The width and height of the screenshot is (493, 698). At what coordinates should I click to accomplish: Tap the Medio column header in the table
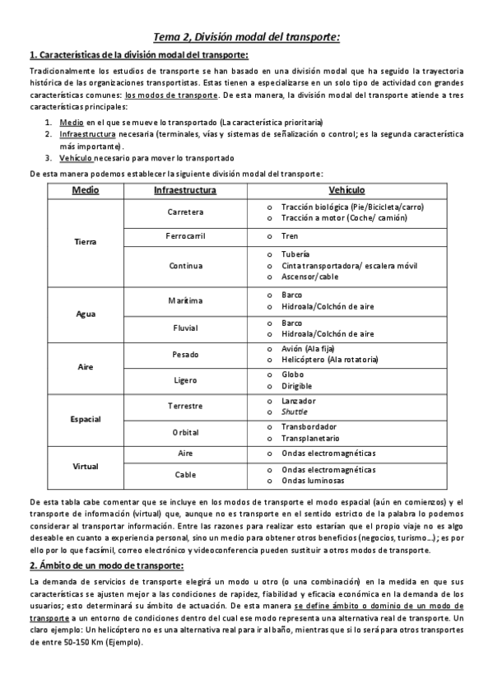pyautogui.click(x=86, y=190)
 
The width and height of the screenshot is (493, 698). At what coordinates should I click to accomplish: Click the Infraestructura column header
pyautogui.click(x=185, y=190)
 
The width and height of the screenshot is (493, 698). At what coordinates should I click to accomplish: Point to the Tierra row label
pyautogui.click(x=86, y=242)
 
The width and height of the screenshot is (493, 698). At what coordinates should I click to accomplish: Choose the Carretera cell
pyautogui.click(x=185, y=212)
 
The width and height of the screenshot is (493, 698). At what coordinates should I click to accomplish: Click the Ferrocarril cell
pyautogui.click(x=185, y=236)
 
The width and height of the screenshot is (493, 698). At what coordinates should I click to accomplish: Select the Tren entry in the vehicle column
pyautogui.click(x=290, y=236)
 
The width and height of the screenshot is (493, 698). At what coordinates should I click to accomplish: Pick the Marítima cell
pyautogui.click(x=185, y=300)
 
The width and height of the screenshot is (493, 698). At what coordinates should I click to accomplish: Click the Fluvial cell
pyautogui.click(x=185, y=328)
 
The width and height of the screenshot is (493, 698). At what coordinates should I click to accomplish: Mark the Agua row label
pyautogui.click(x=86, y=314)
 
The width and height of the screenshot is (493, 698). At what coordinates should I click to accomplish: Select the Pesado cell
pyautogui.click(x=185, y=354)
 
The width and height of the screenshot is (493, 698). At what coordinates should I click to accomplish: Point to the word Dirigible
pyautogui.click(x=297, y=385)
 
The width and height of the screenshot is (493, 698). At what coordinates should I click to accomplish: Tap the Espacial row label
pyautogui.click(x=86, y=419)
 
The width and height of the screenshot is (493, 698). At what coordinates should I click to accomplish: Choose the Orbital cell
pyautogui.click(x=185, y=432)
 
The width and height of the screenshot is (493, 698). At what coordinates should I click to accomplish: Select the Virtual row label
pyautogui.click(x=86, y=466)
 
